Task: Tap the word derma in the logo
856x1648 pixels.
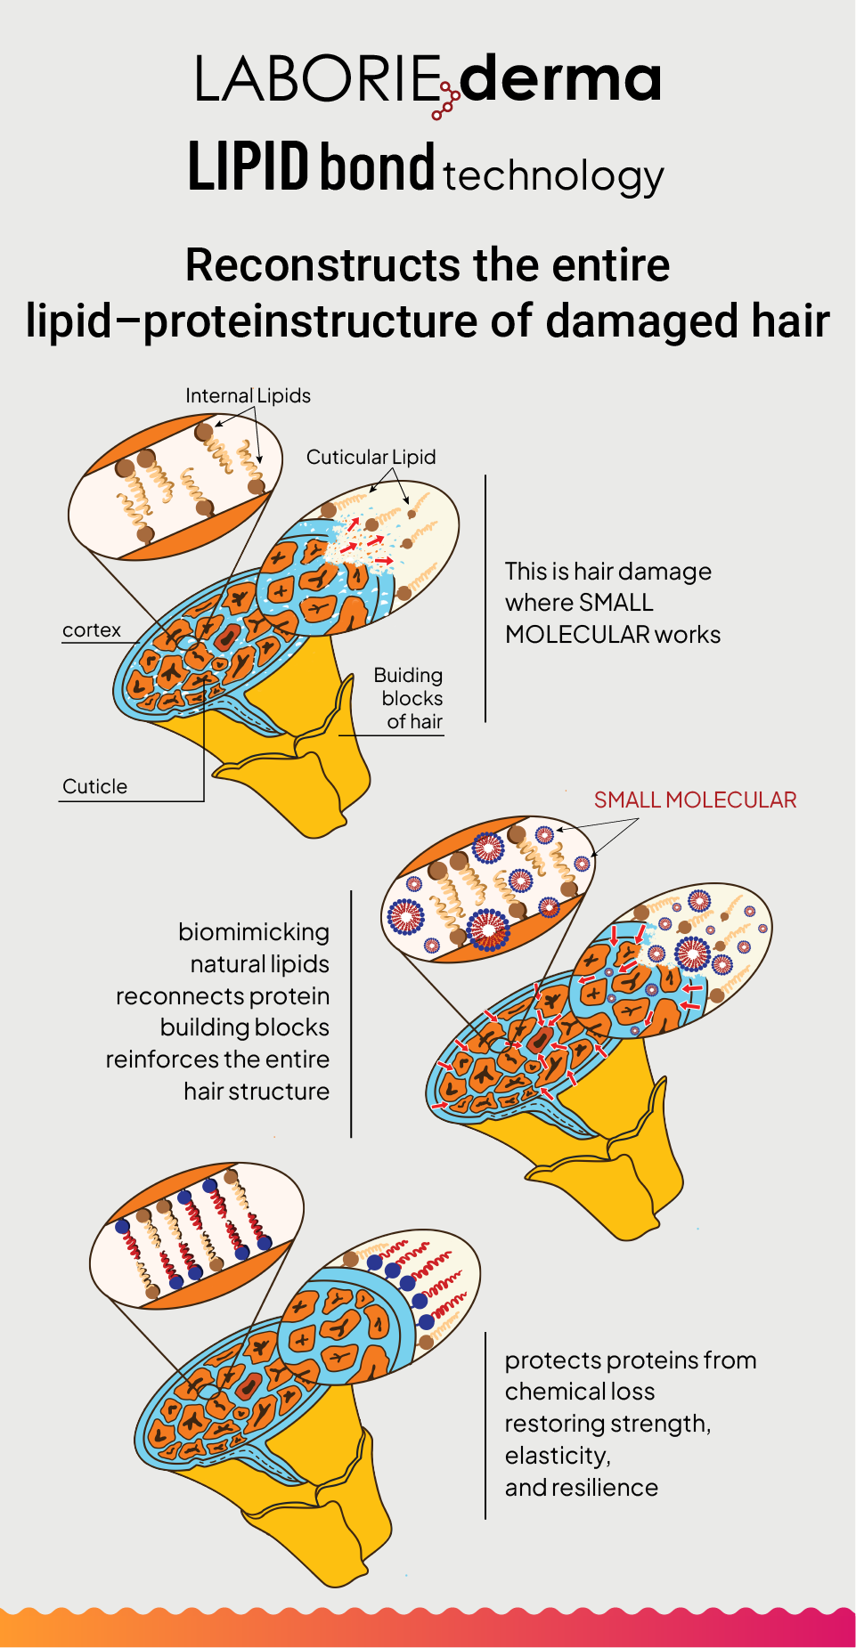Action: pyautogui.click(x=560, y=78)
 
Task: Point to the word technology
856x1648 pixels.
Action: pyautogui.click(x=553, y=175)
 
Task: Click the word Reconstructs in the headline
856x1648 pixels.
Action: pyautogui.click(x=322, y=265)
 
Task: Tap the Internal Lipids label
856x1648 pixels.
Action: pyautogui.click(x=248, y=395)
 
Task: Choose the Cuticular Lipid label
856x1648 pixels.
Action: pyautogui.click(x=371, y=457)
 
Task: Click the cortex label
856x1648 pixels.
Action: pyautogui.click(x=91, y=629)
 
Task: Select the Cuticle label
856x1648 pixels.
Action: pyautogui.click(x=94, y=786)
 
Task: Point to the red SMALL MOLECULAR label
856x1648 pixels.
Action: pyautogui.click(x=695, y=800)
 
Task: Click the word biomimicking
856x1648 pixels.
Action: pyautogui.click(x=254, y=931)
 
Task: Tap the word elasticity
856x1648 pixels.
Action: pyautogui.click(x=557, y=1455)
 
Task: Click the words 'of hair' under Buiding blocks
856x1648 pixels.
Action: pyautogui.click(x=414, y=721)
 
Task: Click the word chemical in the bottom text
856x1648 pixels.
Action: pyautogui.click(x=545, y=1391)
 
